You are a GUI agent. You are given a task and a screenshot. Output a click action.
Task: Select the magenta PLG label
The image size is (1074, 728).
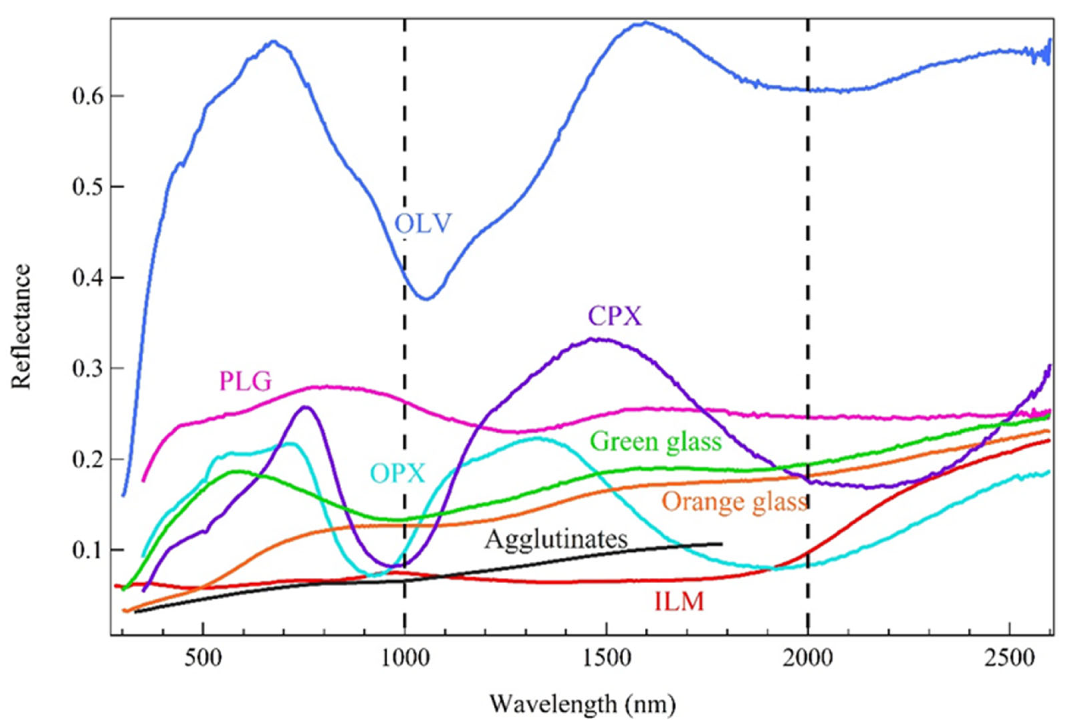tap(245, 382)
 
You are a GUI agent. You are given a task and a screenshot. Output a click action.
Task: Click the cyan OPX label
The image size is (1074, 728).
tap(397, 474)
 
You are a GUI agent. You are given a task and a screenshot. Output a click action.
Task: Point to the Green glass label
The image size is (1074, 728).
tap(656, 441)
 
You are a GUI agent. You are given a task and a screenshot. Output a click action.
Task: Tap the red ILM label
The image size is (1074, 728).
tap(679, 602)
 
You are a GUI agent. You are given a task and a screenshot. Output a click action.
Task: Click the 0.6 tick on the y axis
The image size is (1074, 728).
tap(86, 96)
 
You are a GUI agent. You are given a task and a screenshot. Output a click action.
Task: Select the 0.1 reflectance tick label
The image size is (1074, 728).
tap(86, 550)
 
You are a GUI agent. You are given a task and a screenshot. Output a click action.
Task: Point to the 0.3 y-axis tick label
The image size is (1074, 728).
tap(86, 368)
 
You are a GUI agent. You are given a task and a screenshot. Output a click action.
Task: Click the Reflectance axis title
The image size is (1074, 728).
tap(21, 326)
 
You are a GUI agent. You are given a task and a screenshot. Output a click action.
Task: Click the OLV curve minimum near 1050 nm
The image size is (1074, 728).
tap(426, 299)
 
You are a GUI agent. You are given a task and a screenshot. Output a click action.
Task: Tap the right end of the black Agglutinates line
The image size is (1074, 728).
tap(721, 544)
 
